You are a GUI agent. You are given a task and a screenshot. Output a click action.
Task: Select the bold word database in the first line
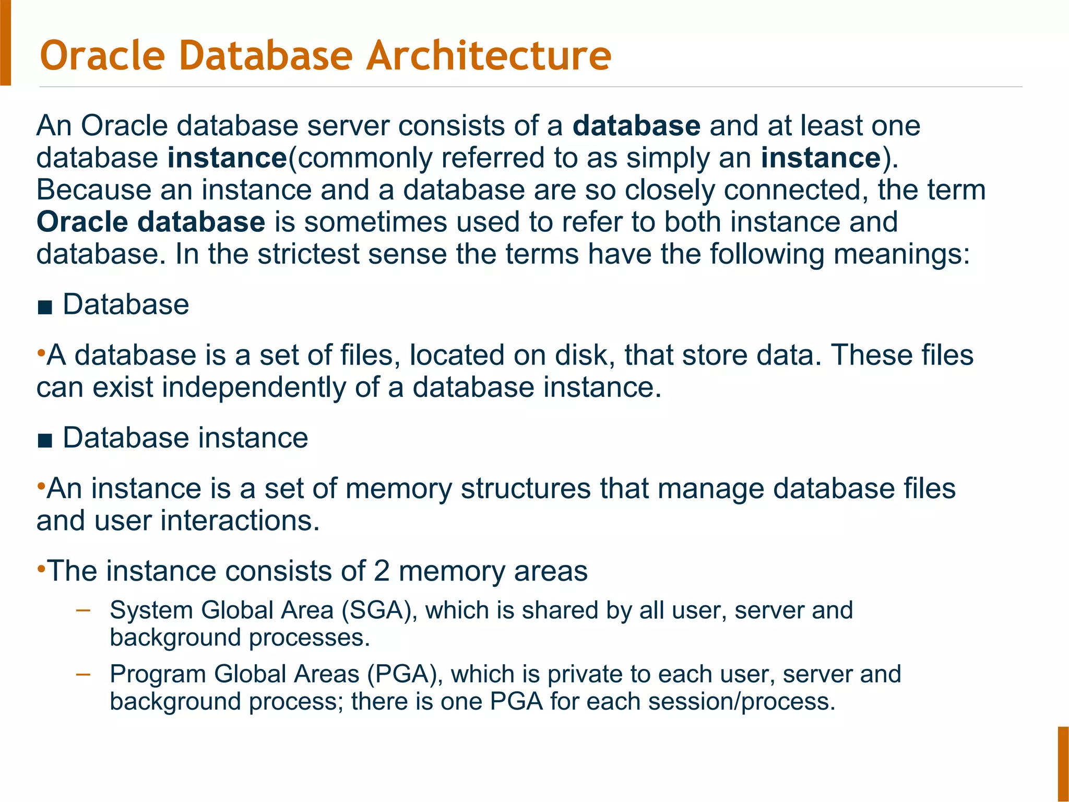(x=636, y=126)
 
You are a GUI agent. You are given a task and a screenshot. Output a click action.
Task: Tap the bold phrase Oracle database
(x=151, y=222)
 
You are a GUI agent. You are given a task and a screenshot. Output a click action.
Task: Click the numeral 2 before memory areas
(x=382, y=571)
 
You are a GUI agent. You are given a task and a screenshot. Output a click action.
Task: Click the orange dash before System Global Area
(x=83, y=609)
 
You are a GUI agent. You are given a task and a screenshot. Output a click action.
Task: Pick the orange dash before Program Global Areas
(x=83, y=674)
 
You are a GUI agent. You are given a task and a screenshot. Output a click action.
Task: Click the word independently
(x=254, y=388)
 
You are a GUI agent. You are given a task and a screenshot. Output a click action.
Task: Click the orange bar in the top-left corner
(x=5, y=42)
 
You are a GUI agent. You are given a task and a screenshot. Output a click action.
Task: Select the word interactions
(x=240, y=521)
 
